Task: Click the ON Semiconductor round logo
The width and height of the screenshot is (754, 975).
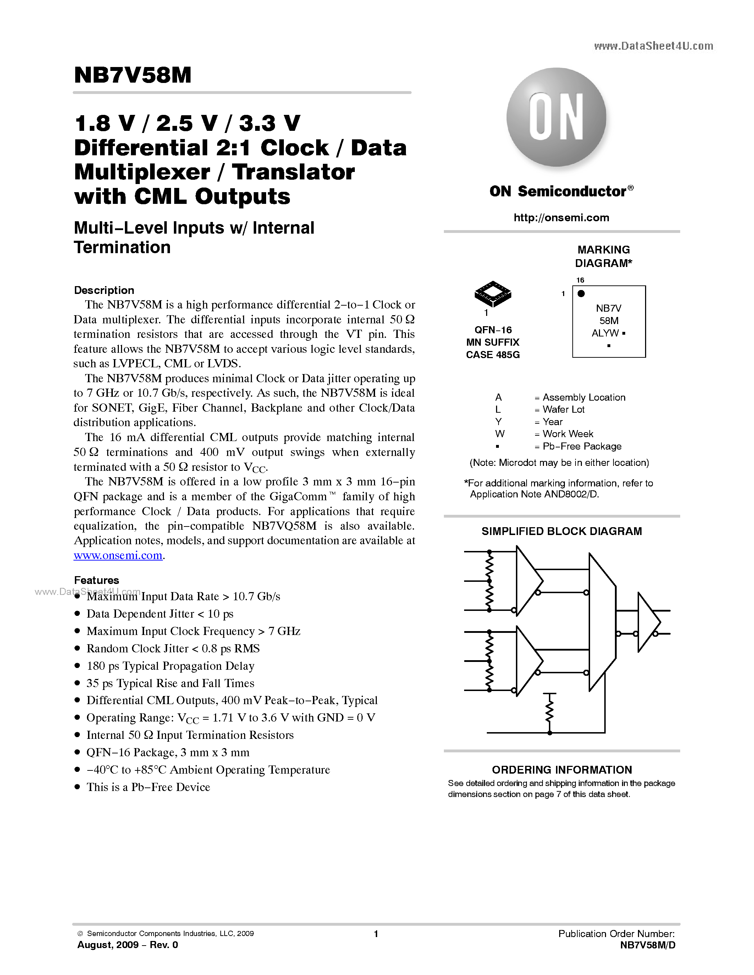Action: (x=556, y=117)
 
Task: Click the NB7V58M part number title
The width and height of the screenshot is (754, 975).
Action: (x=133, y=75)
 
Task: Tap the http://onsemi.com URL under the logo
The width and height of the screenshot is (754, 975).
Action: (x=561, y=217)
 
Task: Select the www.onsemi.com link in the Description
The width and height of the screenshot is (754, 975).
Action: (x=118, y=555)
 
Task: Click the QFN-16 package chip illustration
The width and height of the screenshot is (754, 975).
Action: (x=493, y=293)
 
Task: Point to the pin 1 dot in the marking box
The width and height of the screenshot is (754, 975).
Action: (x=581, y=293)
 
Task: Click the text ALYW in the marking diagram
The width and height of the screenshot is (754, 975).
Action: (x=605, y=333)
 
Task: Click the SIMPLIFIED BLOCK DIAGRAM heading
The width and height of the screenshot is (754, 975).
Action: (x=561, y=531)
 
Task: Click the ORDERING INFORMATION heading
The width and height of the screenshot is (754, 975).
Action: (x=561, y=770)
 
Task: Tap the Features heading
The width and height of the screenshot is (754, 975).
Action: (x=97, y=580)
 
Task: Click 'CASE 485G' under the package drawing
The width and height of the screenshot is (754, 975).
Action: (x=493, y=355)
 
